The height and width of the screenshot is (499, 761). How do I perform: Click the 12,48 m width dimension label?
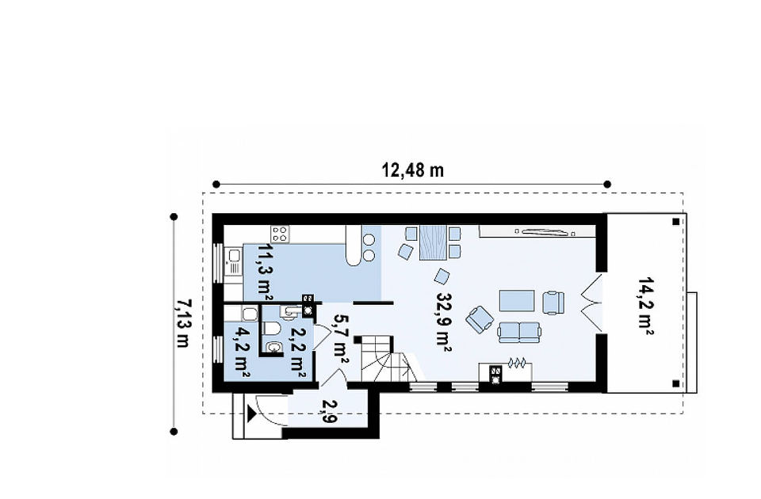coord(412,170)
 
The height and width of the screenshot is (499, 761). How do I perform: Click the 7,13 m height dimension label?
coord(182,323)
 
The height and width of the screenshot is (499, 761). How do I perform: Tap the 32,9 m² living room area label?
coord(444,321)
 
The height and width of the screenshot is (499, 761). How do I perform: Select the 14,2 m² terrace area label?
coord(645,307)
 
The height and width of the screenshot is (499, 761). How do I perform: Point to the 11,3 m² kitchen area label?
coord(265,272)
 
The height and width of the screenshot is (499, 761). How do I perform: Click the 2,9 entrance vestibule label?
coord(328,411)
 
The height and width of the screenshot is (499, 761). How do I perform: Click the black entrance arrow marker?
coord(251,414)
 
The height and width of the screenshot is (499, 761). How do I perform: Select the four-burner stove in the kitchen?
coord(280,234)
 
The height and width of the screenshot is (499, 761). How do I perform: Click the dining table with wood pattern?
coord(433,242)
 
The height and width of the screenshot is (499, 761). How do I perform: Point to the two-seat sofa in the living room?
coord(518,332)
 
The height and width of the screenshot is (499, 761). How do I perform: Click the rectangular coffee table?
coord(517,301)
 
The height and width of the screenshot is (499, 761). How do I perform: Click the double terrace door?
coord(592,303)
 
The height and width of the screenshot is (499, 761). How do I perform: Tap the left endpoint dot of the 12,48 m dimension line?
coord(216,185)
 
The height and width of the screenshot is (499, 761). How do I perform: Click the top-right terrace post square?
coord(675,222)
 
